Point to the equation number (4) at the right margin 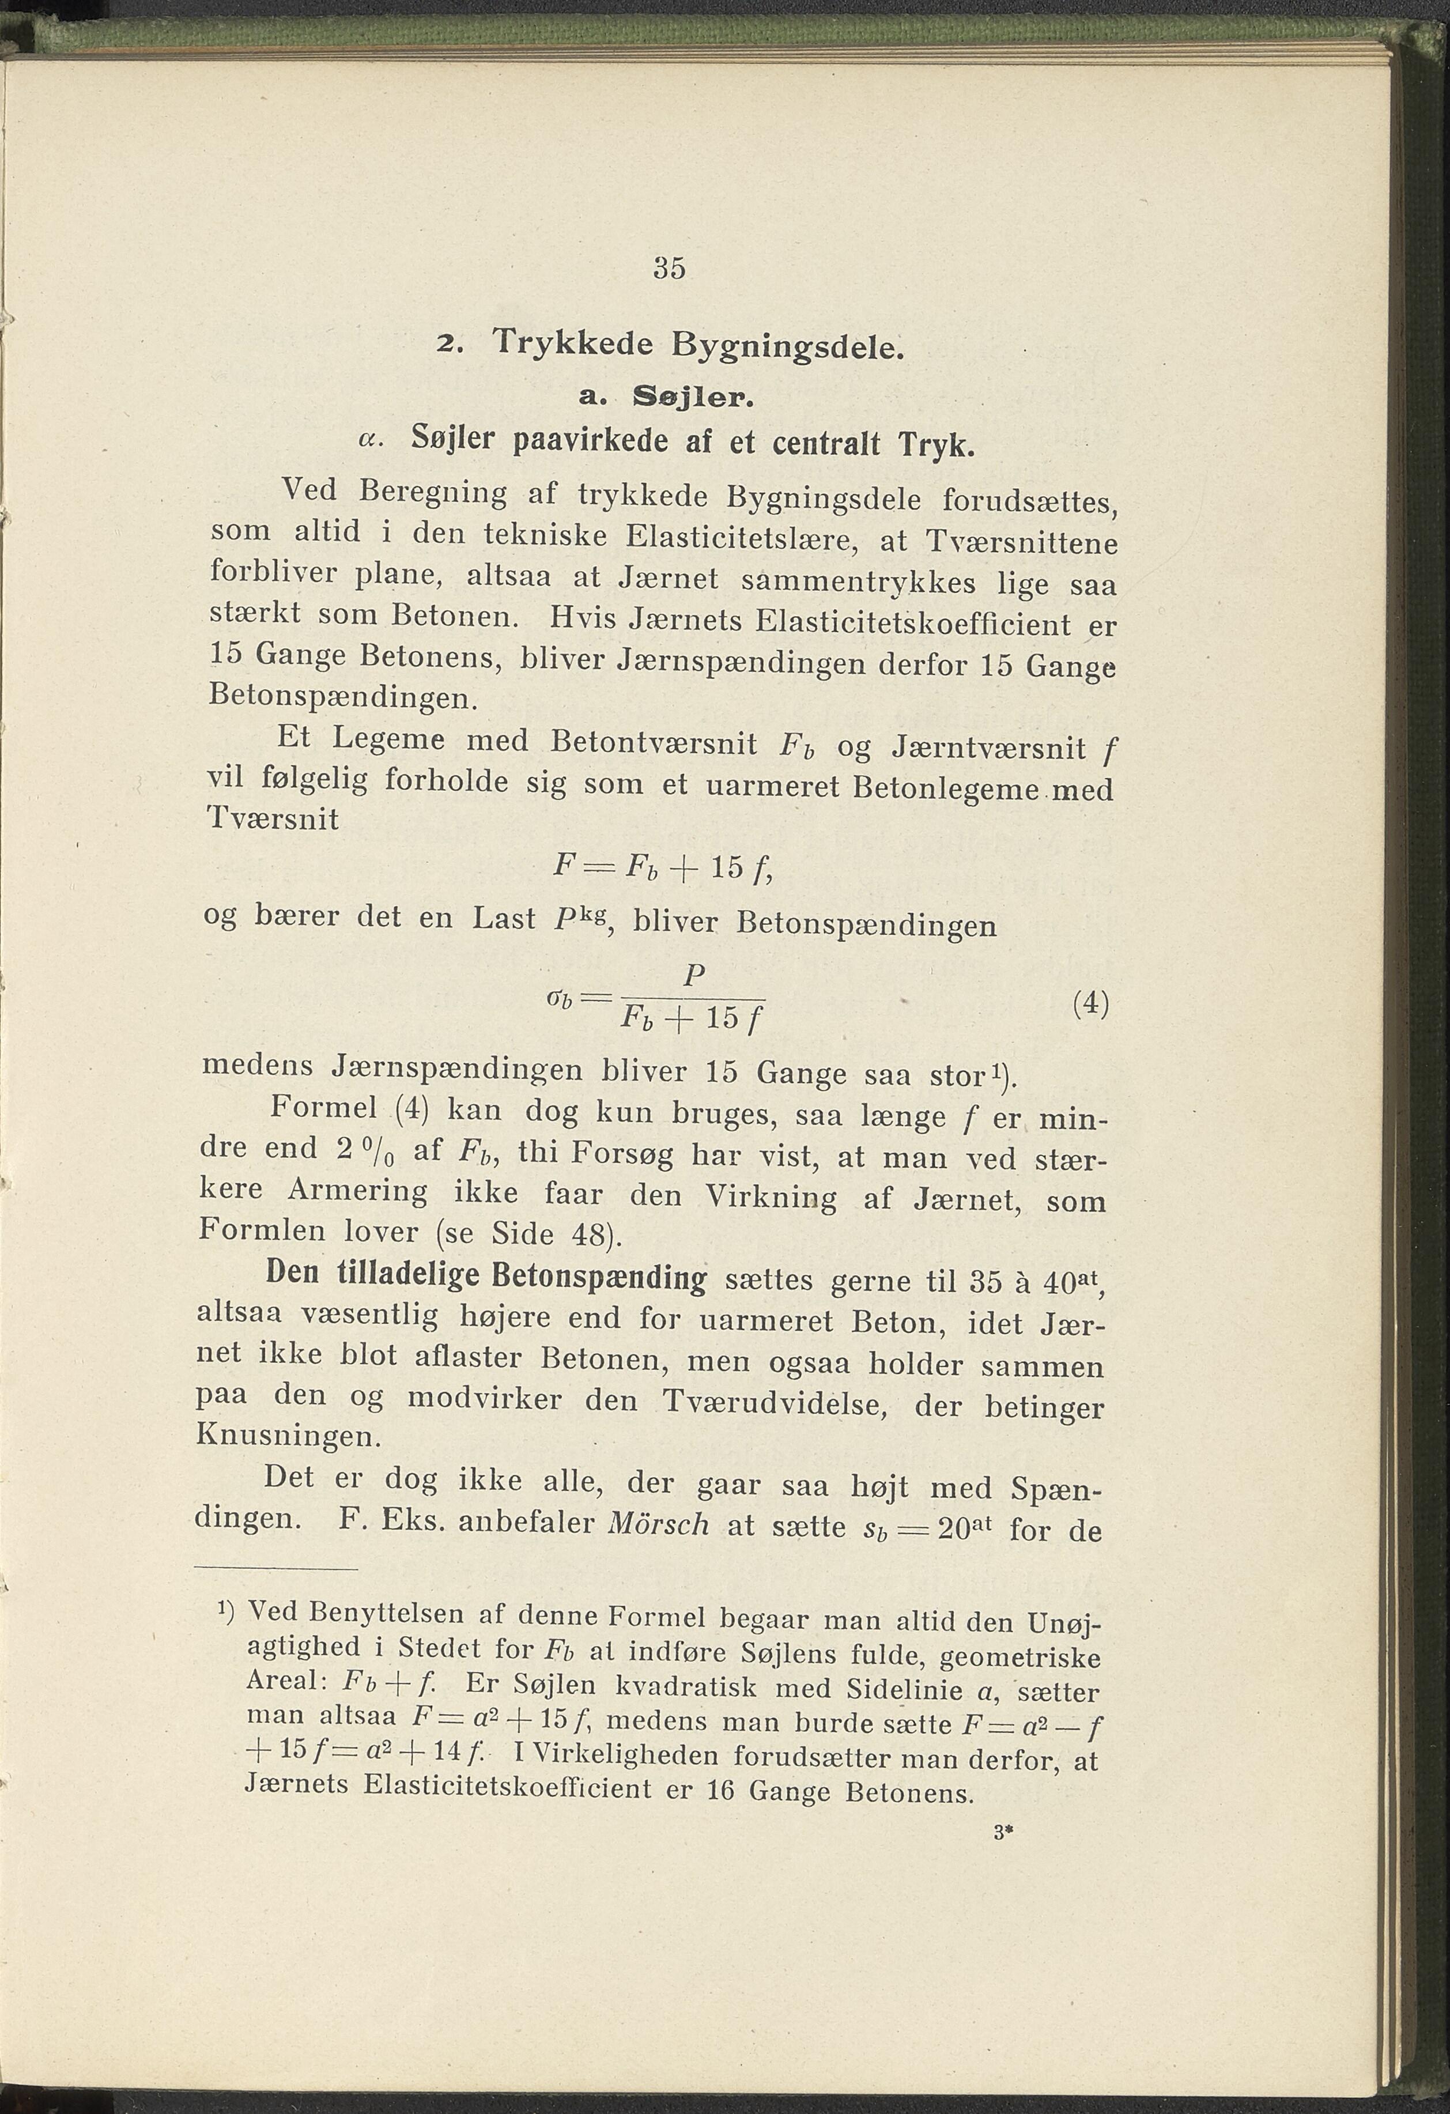[x=1091, y=1003]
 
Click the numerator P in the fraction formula [x=693, y=976]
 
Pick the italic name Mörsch [x=657, y=1524]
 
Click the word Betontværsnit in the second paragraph [x=654, y=742]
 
